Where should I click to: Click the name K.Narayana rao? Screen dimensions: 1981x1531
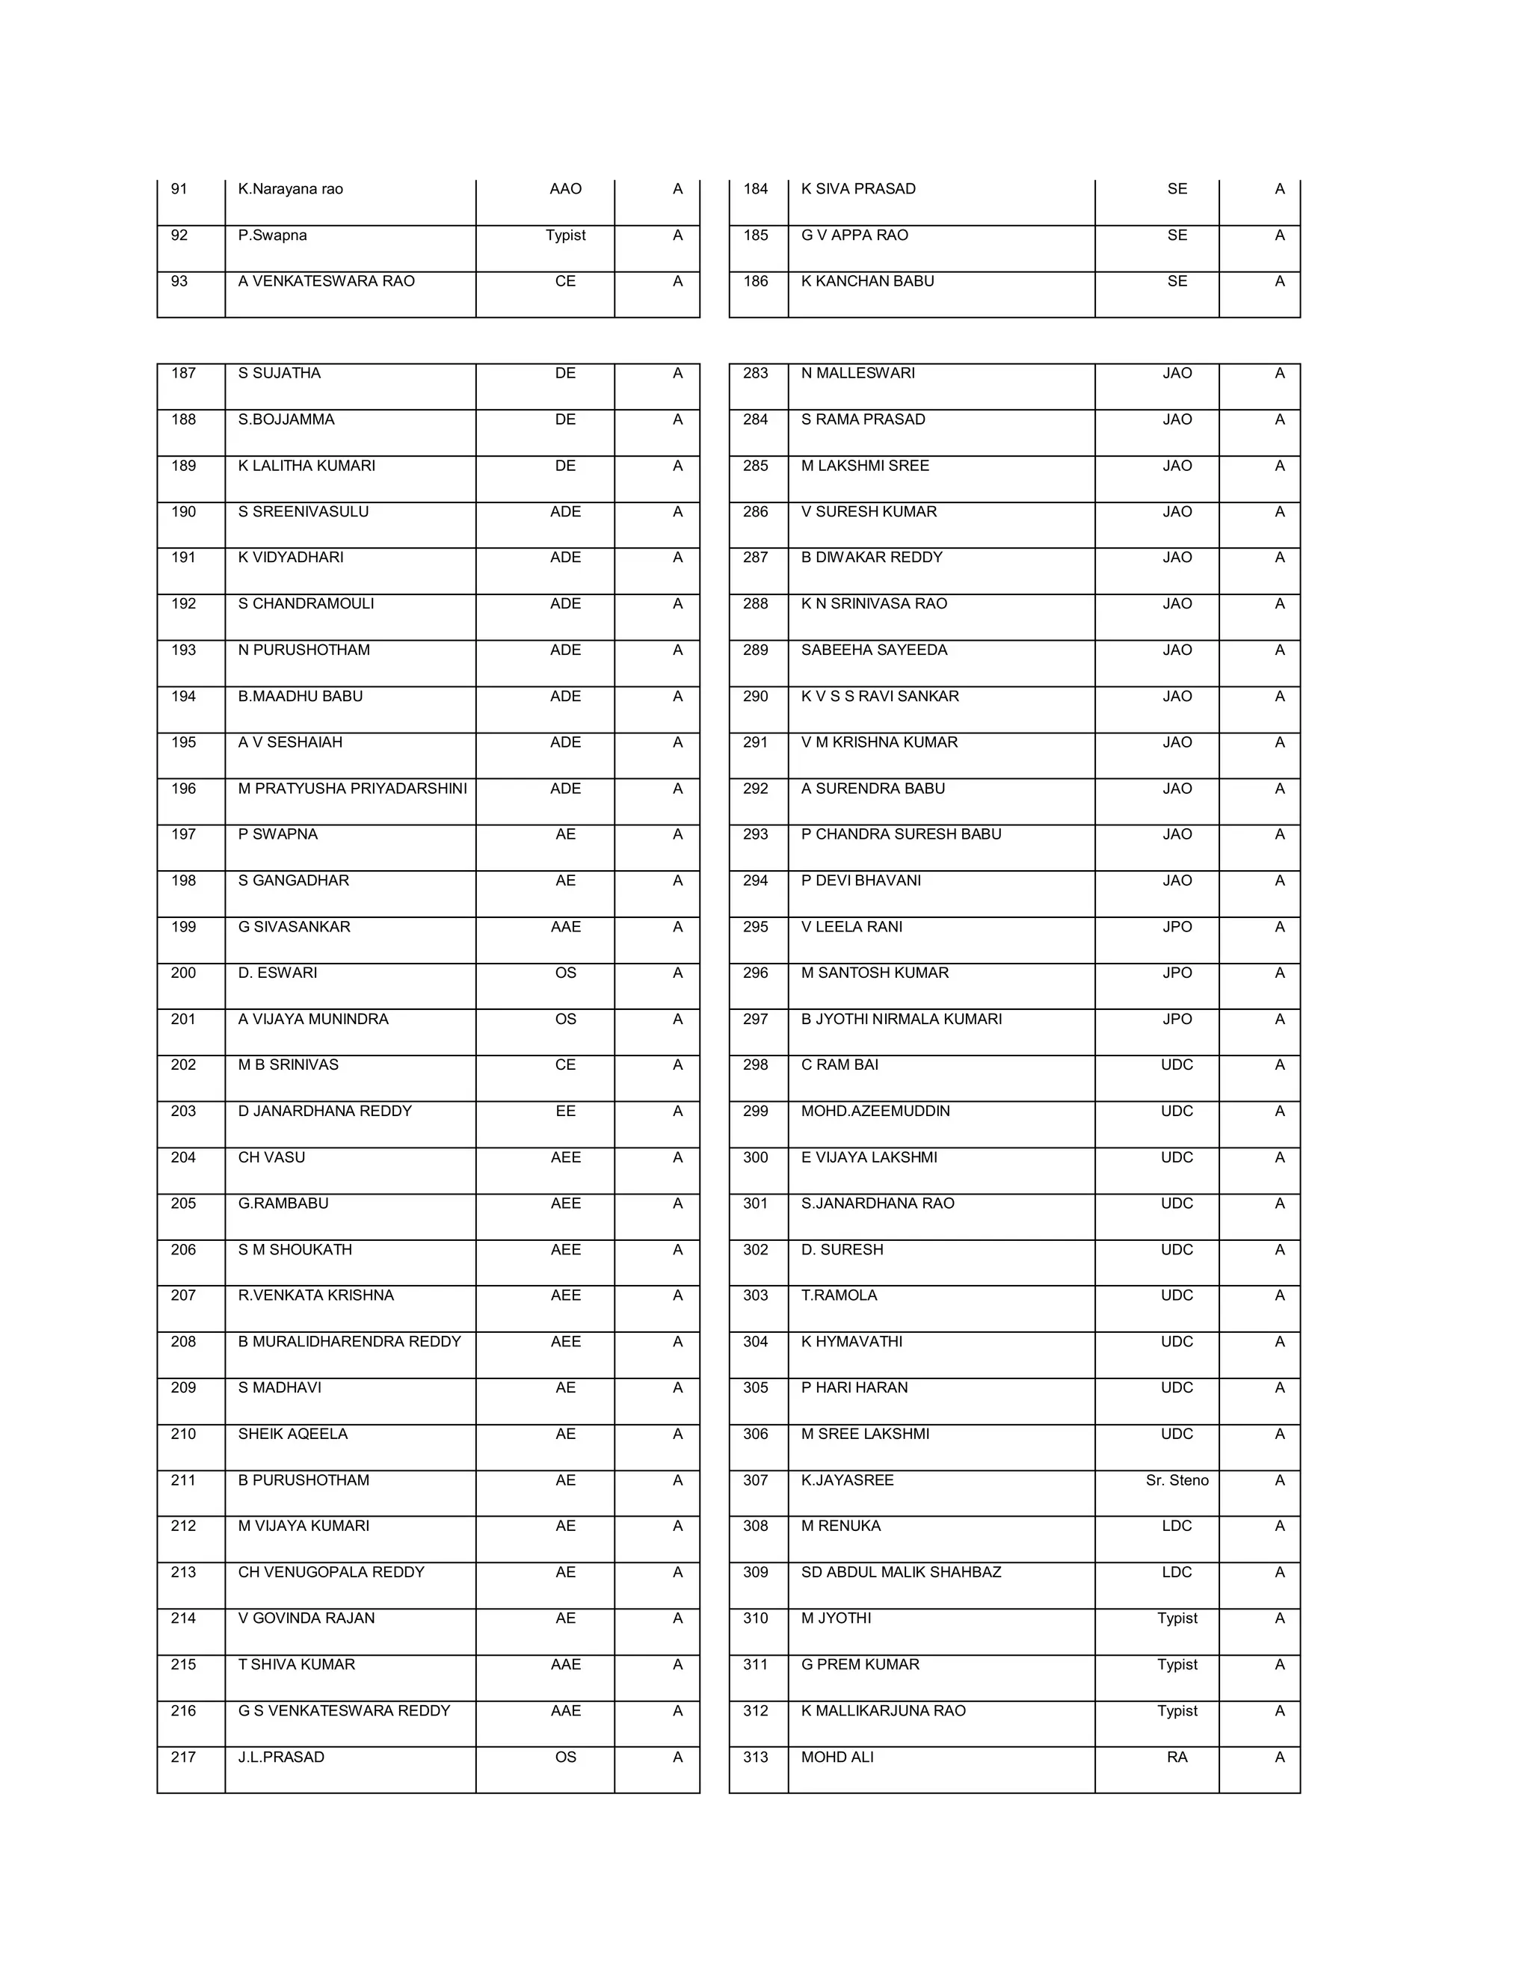(x=290, y=188)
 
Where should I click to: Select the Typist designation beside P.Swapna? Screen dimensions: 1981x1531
(x=565, y=235)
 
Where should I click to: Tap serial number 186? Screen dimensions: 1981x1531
(x=756, y=281)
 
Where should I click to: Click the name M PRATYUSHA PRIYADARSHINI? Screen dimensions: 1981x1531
(x=352, y=788)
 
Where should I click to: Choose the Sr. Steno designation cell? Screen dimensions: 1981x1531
(x=1177, y=1480)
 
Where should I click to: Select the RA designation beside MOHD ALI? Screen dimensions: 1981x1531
(x=1177, y=1757)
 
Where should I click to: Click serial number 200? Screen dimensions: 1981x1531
(x=183, y=973)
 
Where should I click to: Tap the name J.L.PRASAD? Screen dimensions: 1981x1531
(x=281, y=1757)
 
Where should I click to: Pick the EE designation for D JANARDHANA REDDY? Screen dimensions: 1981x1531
(x=565, y=1111)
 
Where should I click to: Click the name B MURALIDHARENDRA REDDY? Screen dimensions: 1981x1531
(x=349, y=1342)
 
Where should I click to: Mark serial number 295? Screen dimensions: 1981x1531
(x=756, y=927)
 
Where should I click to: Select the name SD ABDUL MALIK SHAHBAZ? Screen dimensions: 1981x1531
(x=901, y=1572)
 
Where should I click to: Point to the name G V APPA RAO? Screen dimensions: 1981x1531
(x=854, y=235)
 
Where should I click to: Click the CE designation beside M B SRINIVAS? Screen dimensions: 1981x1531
(x=565, y=1065)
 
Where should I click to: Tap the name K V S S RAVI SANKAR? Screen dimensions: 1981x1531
(x=880, y=696)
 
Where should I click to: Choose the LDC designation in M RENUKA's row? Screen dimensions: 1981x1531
(x=1177, y=1526)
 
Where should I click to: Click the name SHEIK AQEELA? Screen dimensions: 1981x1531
(x=292, y=1434)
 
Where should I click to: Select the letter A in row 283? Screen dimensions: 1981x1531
(x=1279, y=373)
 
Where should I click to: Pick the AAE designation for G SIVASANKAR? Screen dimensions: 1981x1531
(x=565, y=927)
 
